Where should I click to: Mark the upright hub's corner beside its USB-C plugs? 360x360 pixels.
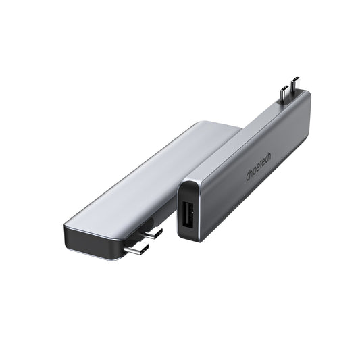307,98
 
